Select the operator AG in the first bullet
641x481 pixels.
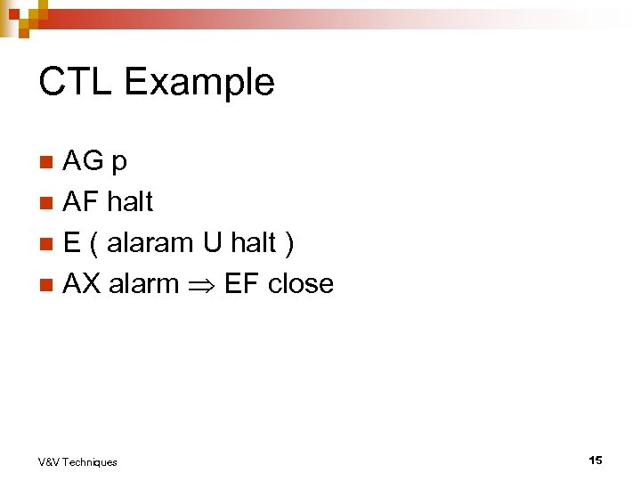(x=83, y=161)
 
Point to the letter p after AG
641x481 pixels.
(x=118, y=164)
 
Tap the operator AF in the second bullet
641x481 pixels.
(x=81, y=202)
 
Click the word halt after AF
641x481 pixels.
(x=129, y=202)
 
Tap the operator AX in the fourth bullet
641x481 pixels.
(x=82, y=284)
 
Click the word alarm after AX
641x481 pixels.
(x=143, y=284)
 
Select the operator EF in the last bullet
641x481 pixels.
(x=241, y=284)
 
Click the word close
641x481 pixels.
(x=300, y=284)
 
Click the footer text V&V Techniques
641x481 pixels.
(x=77, y=461)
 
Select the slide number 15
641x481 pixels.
(x=595, y=460)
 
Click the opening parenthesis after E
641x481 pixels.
(x=93, y=244)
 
